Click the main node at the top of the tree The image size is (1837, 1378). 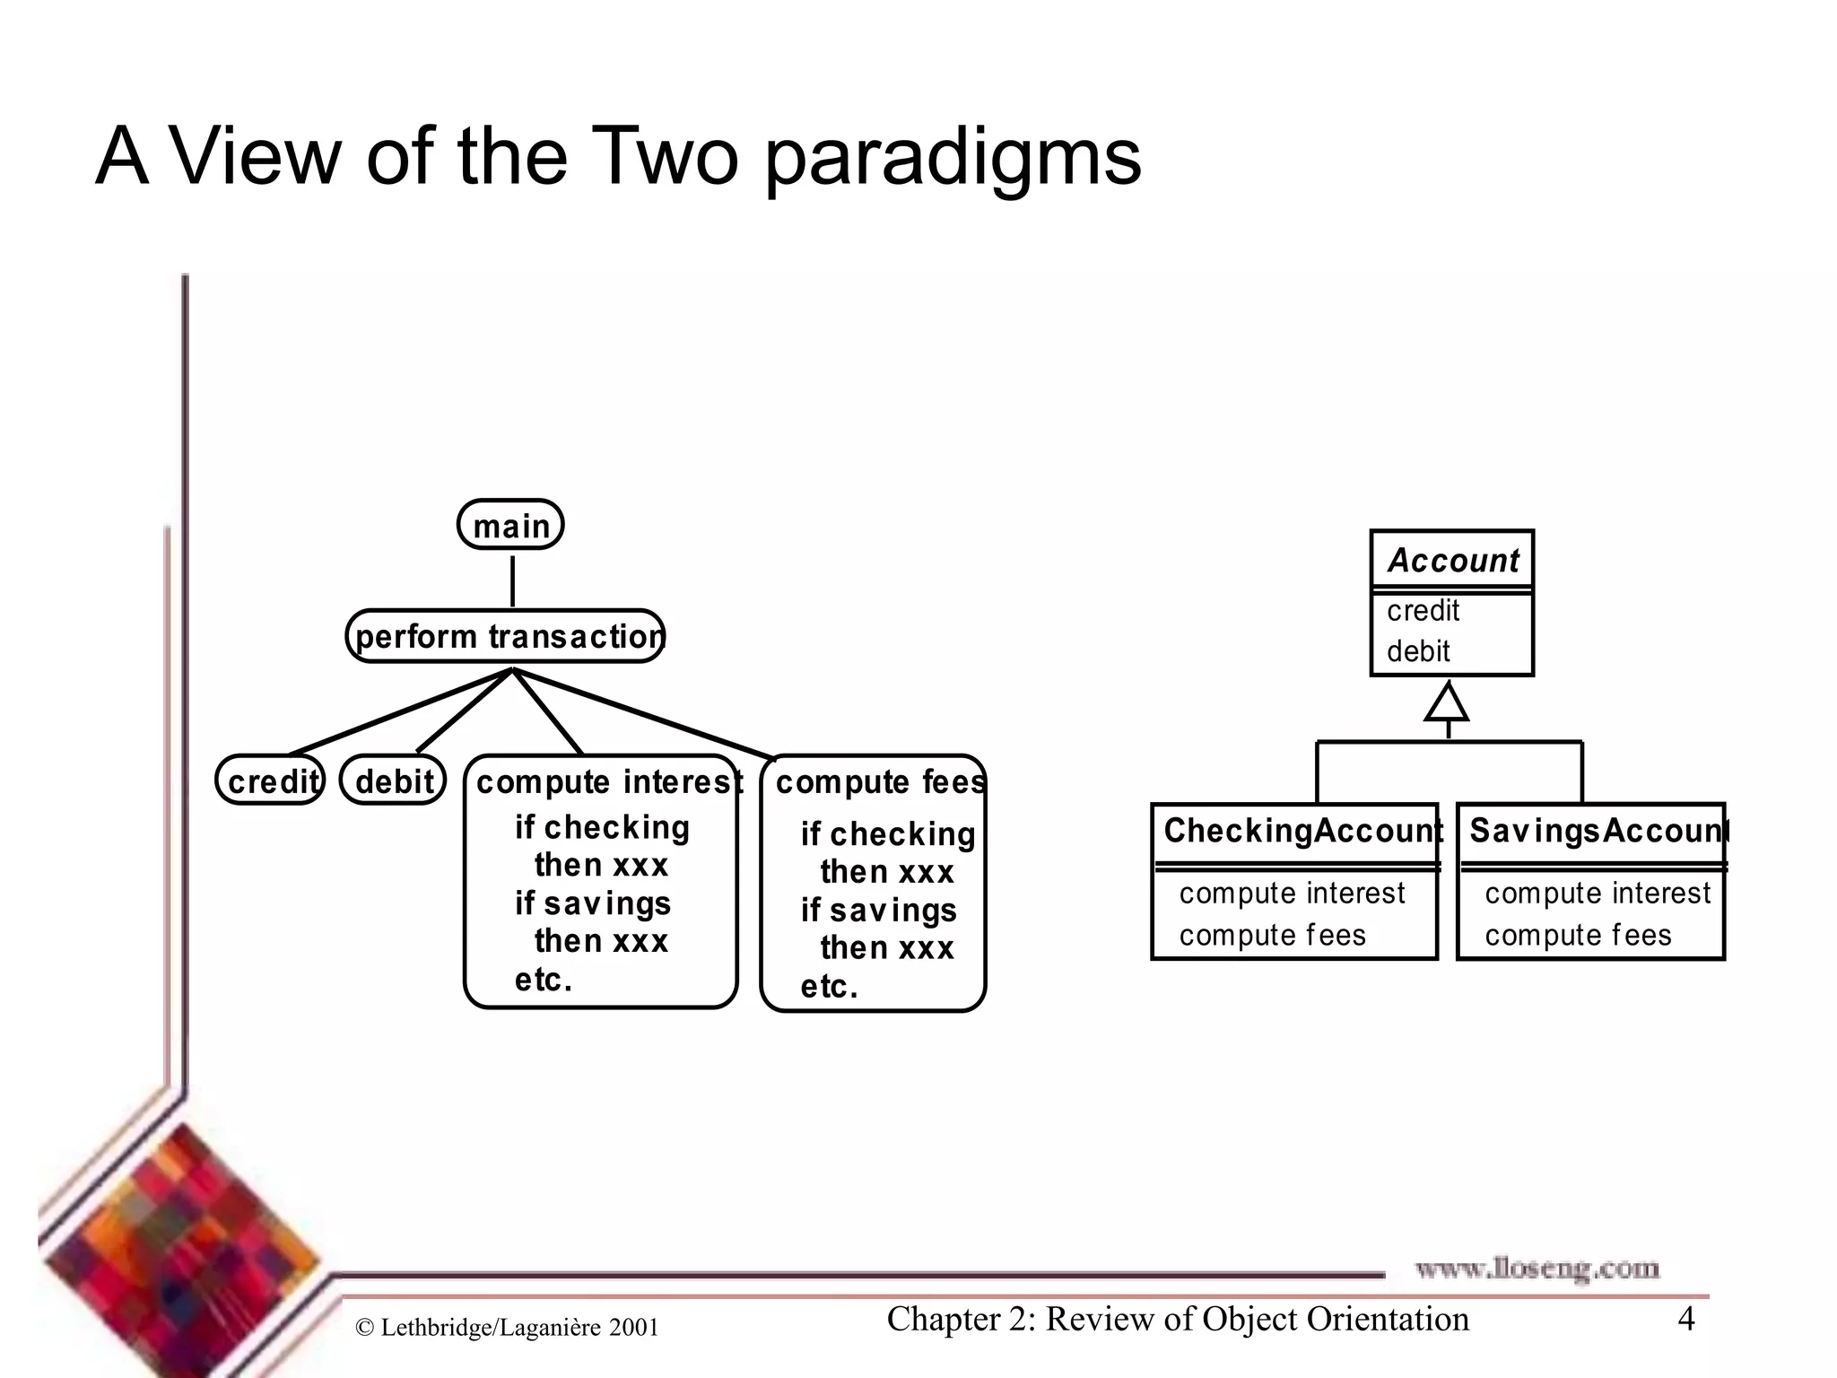510,525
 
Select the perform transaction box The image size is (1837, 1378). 506,636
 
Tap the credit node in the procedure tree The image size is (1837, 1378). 271,781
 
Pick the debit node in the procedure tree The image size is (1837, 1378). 394,781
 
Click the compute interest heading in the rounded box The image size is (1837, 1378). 608,781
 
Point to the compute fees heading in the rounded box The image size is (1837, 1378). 879,781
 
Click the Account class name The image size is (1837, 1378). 1452,560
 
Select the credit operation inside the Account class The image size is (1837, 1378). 1423,610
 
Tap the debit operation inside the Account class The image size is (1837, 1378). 1418,650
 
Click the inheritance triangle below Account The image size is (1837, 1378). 1447,702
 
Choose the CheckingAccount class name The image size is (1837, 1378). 1301,830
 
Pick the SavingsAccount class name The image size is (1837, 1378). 1597,830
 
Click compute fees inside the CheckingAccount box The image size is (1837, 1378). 1272,935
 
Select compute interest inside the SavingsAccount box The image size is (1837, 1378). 1598,893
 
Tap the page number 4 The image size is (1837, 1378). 1686,1319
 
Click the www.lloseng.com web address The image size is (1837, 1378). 1537,1269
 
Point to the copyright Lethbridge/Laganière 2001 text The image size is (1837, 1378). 508,1328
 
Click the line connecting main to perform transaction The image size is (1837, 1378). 512,580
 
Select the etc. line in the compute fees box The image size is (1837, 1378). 829,986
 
